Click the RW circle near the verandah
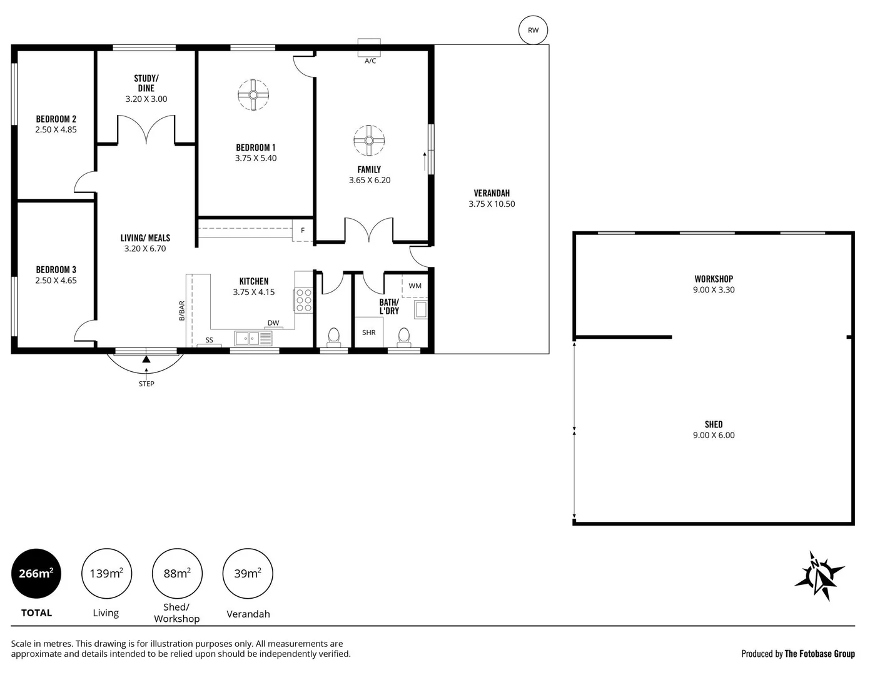pos(533,30)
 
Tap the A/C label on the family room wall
pos(370,61)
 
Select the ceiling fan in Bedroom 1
pos(253,94)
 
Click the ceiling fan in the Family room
pos(369,141)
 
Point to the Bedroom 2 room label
pos(56,119)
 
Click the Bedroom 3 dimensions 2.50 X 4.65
pos(56,281)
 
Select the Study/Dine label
pos(146,83)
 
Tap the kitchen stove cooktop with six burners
pos(303,299)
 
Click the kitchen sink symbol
pos(253,338)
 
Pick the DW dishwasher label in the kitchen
pos(273,323)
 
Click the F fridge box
pos(303,230)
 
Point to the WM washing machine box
pos(415,286)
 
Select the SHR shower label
pos(369,332)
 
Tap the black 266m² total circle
pos(36,574)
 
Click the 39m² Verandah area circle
pos(248,574)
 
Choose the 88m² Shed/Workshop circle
pos(177,574)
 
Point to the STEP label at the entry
pos(146,384)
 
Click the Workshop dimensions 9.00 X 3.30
pos(714,290)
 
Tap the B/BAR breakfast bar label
pos(182,311)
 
